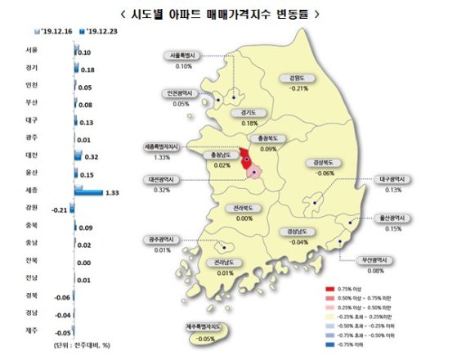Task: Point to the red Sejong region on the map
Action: [x=246, y=158]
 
